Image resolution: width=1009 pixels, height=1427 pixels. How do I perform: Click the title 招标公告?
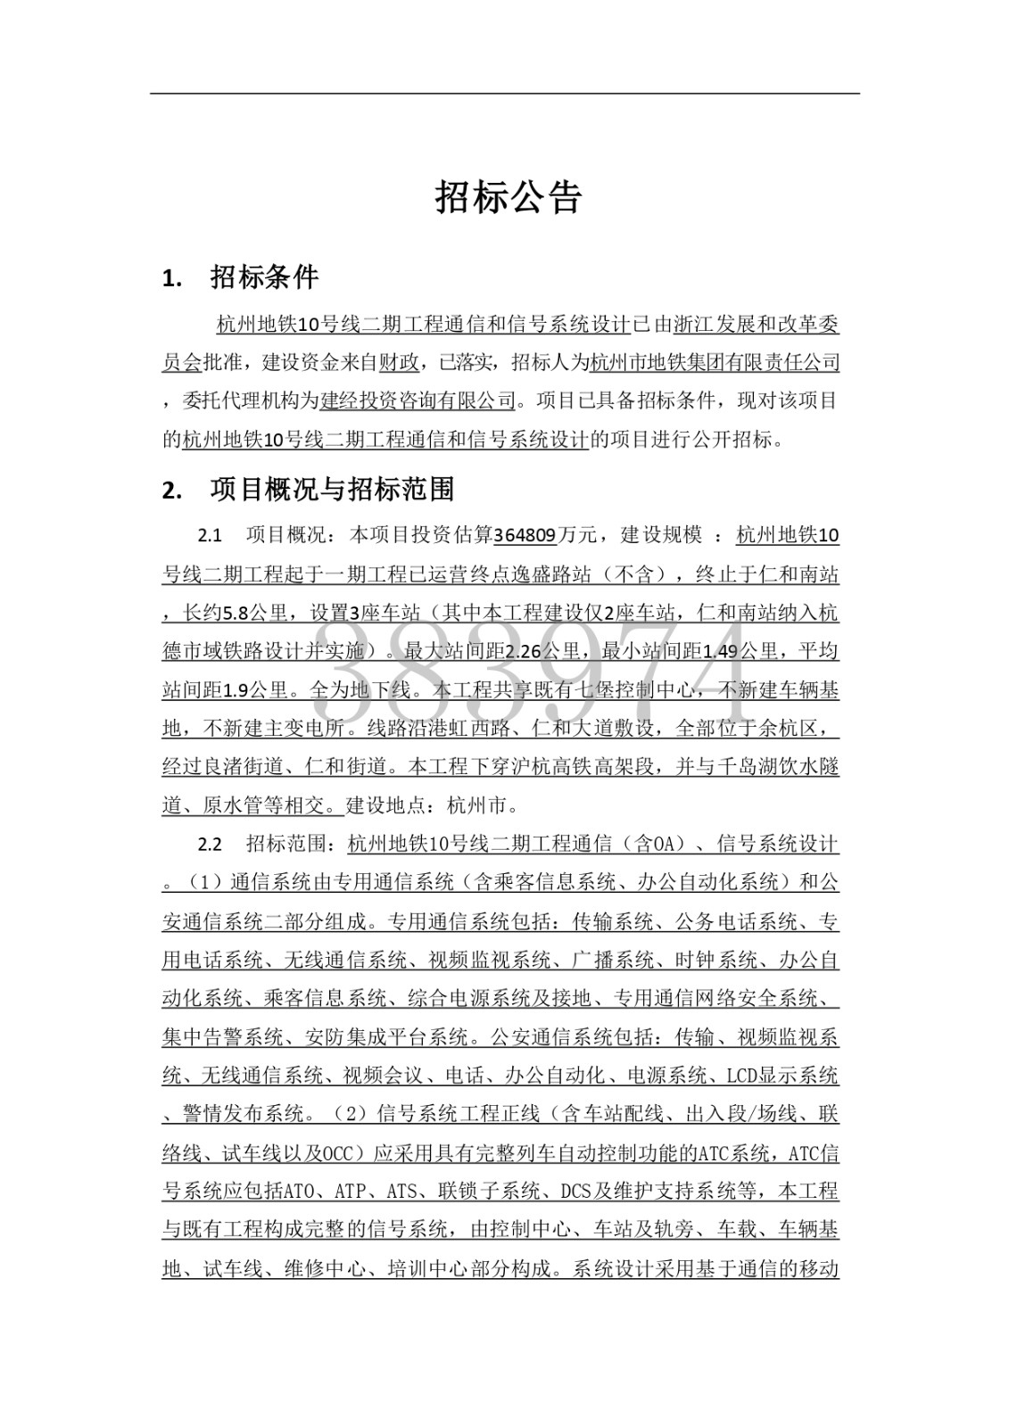pyautogui.click(x=508, y=197)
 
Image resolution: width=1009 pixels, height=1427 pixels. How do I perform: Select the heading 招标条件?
pyautogui.click(x=264, y=277)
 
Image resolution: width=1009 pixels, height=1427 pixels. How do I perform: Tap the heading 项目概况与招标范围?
pyautogui.click(x=332, y=488)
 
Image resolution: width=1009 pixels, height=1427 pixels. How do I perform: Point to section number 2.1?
pyautogui.click(x=210, y=535)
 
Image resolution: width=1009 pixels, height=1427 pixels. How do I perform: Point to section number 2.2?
pyautogui.click(x=210, y=844)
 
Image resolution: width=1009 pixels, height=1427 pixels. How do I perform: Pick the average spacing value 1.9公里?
pyautogui.click(x=253, y=690)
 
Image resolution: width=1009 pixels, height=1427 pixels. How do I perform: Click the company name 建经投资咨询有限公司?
pyautogui.click(x=418, y=400)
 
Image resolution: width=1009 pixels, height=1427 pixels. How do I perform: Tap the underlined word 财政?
pyautogui.click(x=399, y=362)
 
